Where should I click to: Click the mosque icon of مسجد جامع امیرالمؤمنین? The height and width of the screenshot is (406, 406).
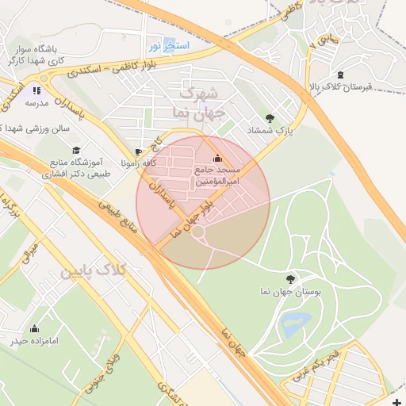click(x=218, y=158)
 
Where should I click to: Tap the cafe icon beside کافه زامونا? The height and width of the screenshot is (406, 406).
click(x=140, y=151)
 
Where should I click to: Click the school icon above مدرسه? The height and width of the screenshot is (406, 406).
click(x=36, y=90)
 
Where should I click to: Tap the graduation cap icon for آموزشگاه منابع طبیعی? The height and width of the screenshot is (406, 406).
click(x=76, y=150)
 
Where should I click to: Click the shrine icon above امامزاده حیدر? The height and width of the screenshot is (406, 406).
click(x=34, y=328)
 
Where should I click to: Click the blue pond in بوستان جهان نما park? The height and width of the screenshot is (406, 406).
click(x=294, y=322)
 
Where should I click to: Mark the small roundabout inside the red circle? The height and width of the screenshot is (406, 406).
click(x=197, y=233)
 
